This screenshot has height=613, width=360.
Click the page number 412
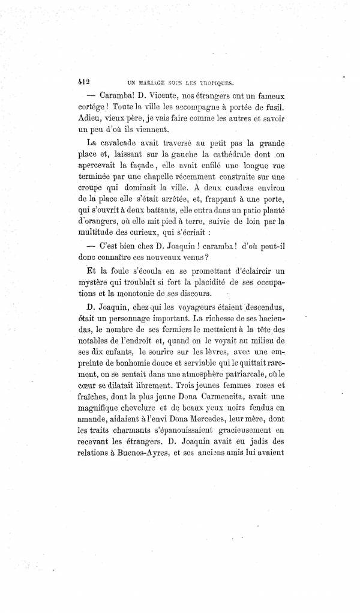click(79, 79)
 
